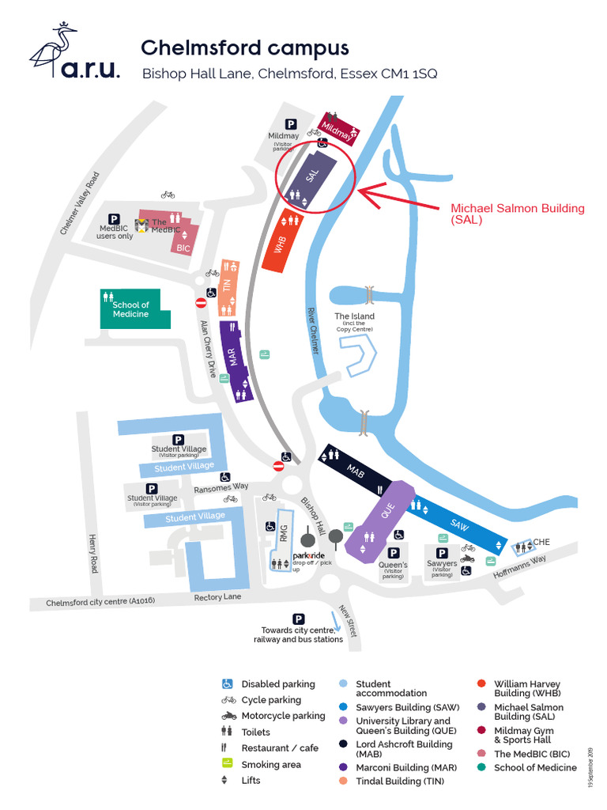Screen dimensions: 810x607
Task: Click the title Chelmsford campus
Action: (244, 47)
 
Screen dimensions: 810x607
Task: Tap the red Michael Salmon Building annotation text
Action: (517, 214)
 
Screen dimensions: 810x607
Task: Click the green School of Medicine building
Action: (131, 309)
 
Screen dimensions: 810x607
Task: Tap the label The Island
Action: (354, 317)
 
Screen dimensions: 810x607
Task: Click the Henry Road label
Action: (93, 554)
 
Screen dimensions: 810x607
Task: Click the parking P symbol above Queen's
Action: (393, 553)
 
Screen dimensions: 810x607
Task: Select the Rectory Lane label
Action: (217, 597)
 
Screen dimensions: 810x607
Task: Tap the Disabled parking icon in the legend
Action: (228, 684)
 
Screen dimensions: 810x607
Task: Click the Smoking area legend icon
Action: (228, 764)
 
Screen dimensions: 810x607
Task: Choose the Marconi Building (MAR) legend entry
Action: (405, 768)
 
